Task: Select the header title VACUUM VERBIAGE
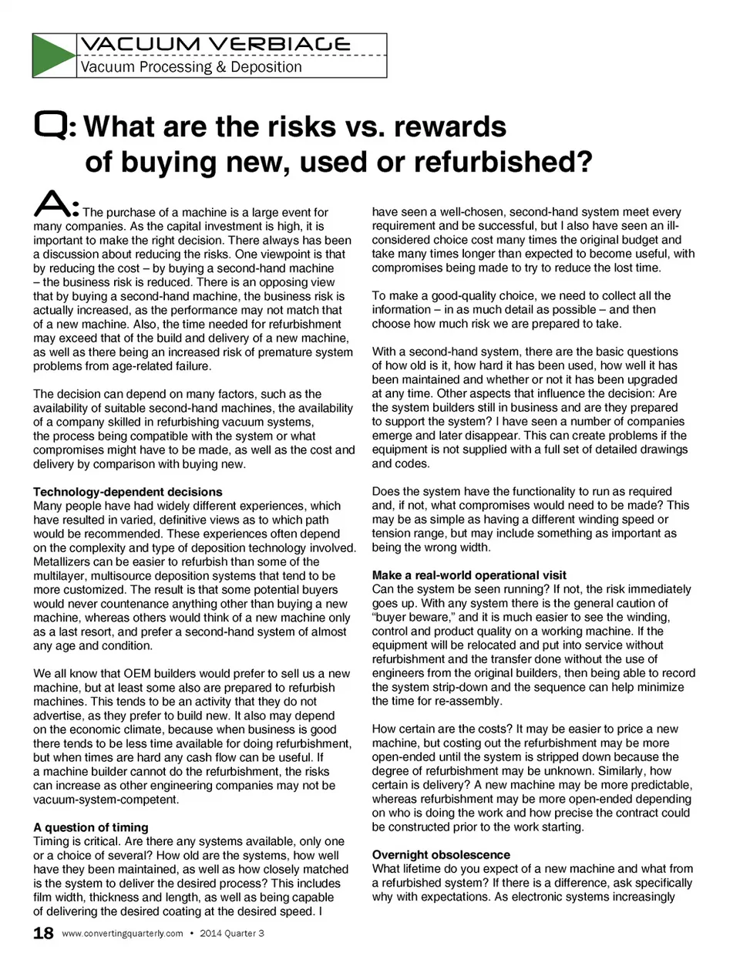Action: click(215, 45)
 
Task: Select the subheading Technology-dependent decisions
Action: click(128, 492)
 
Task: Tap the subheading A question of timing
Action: click(91, 827)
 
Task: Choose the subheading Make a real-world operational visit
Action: click(469, 575)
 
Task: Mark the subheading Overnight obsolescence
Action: click(441, 854)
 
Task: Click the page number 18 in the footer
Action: click(43, 934)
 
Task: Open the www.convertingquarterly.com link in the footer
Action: click(123, 934)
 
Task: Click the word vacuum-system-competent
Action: click(106, 799)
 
